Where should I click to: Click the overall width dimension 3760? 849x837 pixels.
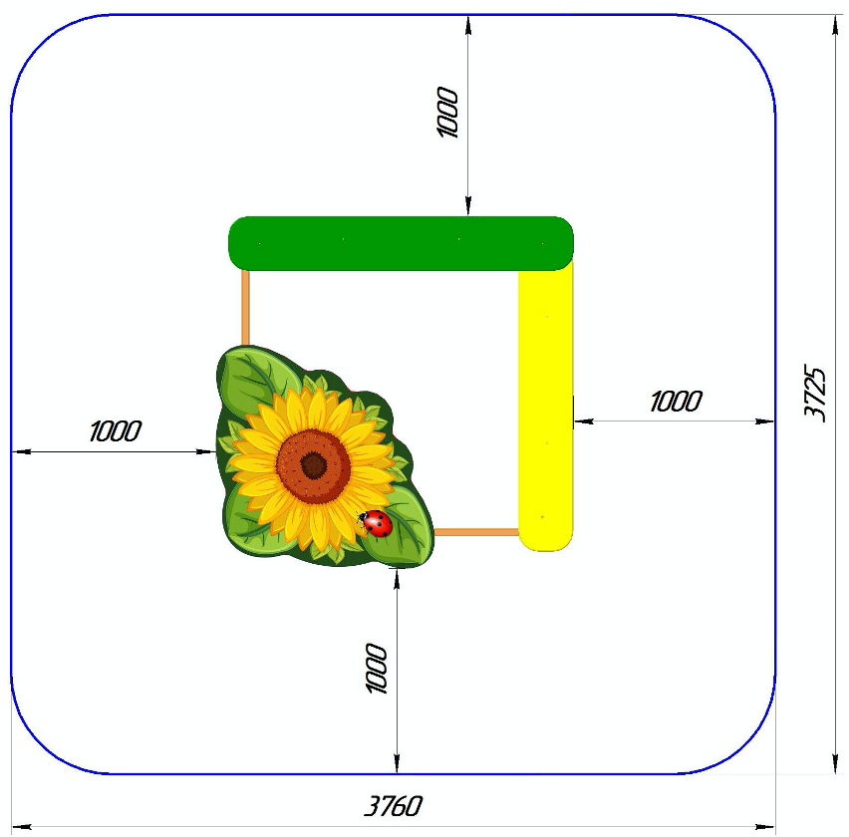click(393, 806)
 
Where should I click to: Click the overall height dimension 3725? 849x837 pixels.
click(814, 393)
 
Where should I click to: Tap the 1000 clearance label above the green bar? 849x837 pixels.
click(447, 112)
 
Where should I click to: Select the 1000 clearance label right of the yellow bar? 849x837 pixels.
click(676, 402)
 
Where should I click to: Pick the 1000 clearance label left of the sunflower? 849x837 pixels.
click(115, 430)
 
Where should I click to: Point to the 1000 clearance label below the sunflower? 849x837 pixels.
click(377, 668)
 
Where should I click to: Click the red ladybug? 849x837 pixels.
click(376, 523)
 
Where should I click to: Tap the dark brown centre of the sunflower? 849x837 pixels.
click(314, 465)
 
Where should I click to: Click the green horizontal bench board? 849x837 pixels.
click(401, 243)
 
